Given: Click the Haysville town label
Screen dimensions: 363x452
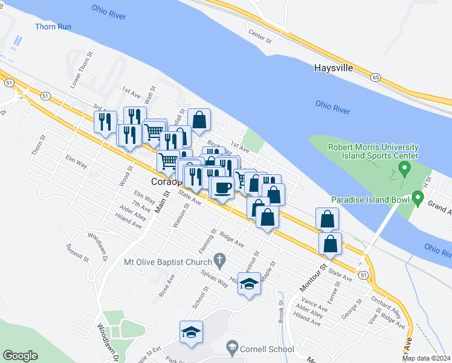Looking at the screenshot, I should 333,68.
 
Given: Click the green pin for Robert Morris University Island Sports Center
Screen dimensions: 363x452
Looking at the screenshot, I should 406,166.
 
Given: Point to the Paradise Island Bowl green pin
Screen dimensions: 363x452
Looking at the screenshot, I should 417,198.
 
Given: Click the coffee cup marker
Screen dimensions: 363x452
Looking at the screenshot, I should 222,187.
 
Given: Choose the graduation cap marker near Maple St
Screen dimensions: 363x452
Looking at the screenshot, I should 249,284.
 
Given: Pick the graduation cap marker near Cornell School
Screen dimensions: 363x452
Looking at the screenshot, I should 191,332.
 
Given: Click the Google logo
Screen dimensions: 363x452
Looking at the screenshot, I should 20,356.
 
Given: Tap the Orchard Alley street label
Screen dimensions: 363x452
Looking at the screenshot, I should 387,306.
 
